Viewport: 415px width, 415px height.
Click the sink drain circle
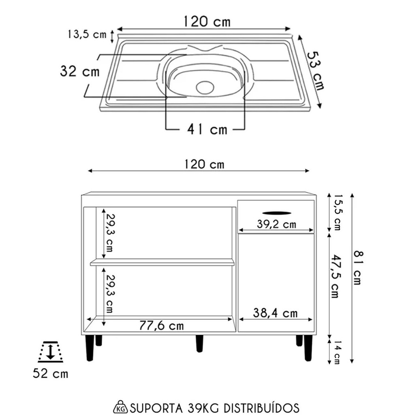tap(205, 87)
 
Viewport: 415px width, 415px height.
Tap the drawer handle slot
tap(277, 213)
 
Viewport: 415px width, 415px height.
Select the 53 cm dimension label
tap(315, 71)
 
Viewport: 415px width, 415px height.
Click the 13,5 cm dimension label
tap(87, 34)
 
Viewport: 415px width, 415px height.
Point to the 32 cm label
tap(80, 71)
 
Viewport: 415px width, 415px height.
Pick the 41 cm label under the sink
tap(207, 129)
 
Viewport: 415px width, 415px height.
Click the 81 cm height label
tap(357, 267)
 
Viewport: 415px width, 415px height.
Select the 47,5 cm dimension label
tap(335, 276)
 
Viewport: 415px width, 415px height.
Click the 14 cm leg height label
tap(336, 352)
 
